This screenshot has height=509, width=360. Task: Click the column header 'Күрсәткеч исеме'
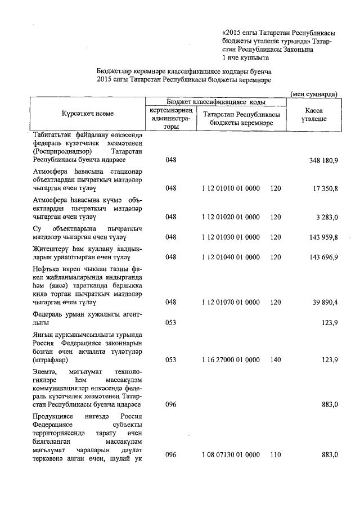tap(87, 114)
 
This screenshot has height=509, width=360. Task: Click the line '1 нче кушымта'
tap(246, 58)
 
